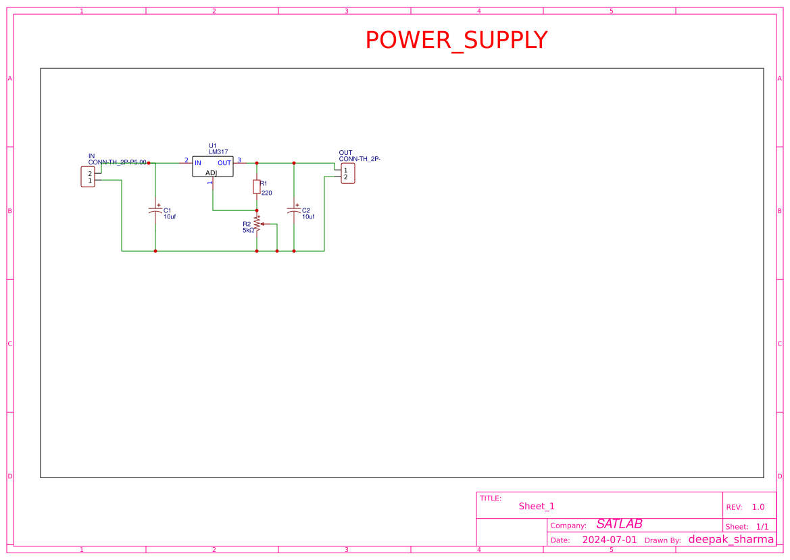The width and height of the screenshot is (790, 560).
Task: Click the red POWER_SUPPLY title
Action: [x=456, y=41]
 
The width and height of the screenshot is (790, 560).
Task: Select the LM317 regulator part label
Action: [x=218, y=152]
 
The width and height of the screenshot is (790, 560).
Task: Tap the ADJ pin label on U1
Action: [x=212, y=173]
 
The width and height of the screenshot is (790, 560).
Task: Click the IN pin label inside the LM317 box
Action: [x=198, y=163]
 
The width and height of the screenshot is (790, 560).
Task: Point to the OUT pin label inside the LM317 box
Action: [x=224, y=163]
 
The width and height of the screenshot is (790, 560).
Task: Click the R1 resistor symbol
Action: [x=257, y=187]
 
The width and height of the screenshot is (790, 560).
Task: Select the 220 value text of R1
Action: [x=266, y=193]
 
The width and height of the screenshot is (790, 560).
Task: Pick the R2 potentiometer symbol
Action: [x=257, y=225]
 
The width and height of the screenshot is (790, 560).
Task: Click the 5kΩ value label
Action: [x=248, y=231]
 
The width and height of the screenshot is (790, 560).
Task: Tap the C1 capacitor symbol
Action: [x=155, y=210]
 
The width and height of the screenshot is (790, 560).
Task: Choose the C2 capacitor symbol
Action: [x=294, y=210]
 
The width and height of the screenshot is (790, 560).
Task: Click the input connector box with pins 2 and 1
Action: [x=88, y=177]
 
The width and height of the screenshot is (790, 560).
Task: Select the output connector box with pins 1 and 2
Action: [x=347, y=173]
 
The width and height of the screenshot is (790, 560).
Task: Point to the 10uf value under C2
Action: [x=308, y=217]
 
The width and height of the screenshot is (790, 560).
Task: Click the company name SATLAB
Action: [x=619, y=524]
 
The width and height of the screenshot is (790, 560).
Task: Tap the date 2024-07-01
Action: [x=610, y=540]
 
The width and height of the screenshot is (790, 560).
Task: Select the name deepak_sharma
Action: [x=731, y=539]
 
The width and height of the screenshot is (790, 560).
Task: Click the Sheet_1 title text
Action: [x=537, y=506]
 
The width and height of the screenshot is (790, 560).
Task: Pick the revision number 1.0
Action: [x=758, y=507]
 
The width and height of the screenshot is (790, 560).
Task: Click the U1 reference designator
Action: [x=213, y=145]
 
